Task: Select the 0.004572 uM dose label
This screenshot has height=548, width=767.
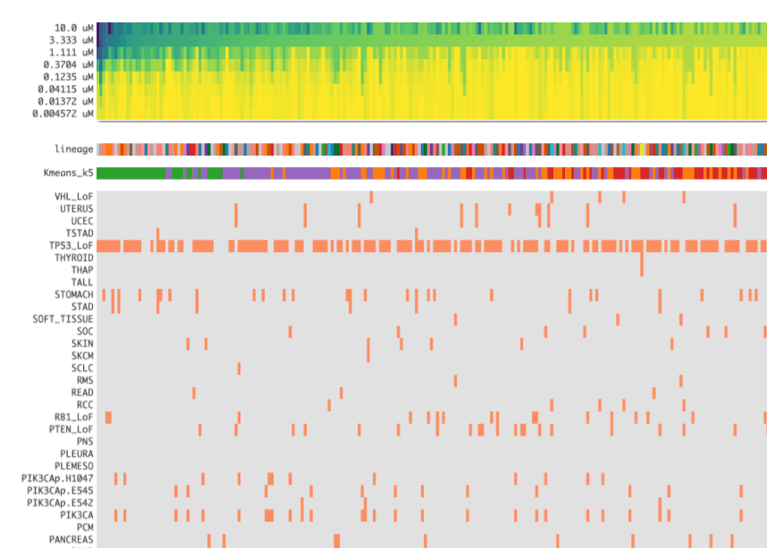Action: [63, 114]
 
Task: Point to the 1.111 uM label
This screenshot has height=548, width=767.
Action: [71, 52]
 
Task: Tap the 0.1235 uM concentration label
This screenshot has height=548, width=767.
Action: [68, 77]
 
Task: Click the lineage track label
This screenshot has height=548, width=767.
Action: [73, 149]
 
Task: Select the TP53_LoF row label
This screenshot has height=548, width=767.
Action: [71, 245]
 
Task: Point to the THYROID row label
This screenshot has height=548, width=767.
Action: [73, 257]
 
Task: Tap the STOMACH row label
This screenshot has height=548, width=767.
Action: [73, 294]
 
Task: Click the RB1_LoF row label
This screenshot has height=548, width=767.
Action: [73, 417]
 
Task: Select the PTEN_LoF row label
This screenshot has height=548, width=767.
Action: [71, 429]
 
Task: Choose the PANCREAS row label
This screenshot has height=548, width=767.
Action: [71, 539]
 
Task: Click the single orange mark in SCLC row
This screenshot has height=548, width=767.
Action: [239, 368]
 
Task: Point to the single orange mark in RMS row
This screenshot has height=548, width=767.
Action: [455, 381]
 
